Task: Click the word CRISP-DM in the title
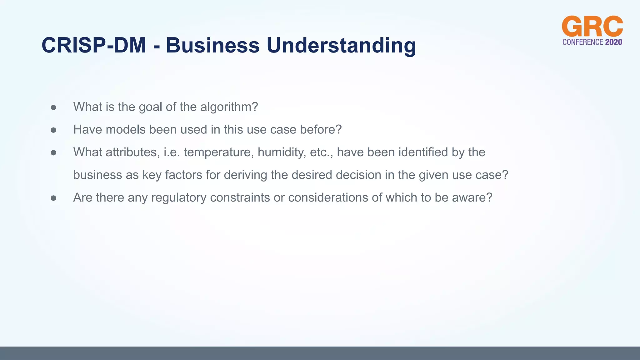tap(94, 45)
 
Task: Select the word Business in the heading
tap(212, 45)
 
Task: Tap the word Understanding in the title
tap(341, 45)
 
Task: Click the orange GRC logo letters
tap(592, 27)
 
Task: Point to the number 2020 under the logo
tap(613, 42)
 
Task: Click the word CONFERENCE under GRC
tap(582, 42)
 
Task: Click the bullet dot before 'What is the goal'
tap(53, 107)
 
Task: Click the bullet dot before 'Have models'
tap(53, 130)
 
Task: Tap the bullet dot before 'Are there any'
tap(53, 198)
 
